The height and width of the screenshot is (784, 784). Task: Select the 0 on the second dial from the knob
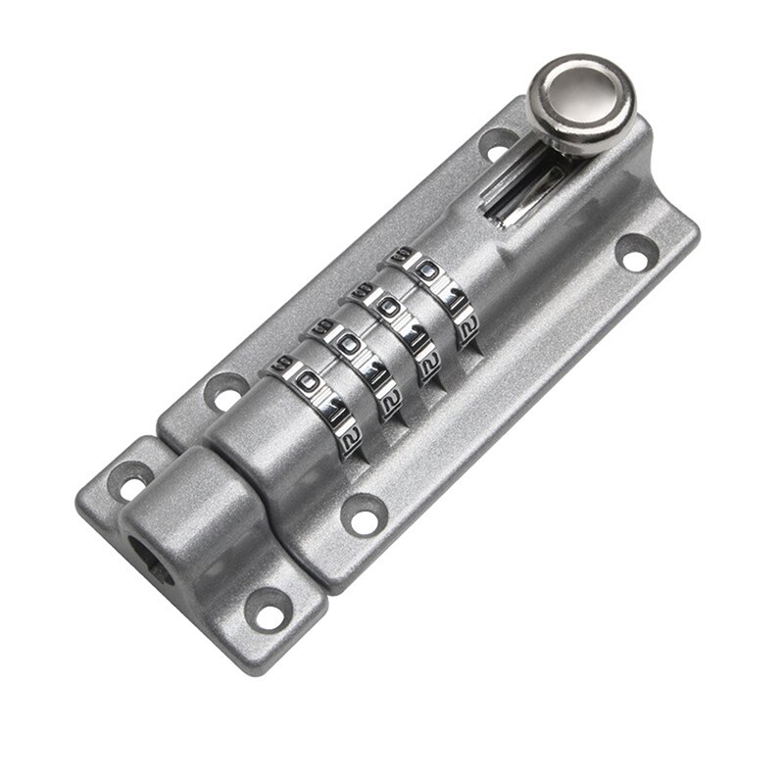click(387, 306)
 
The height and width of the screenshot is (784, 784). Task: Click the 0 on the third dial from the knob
click(345, 343)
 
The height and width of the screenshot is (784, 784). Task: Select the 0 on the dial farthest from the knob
click(304, 379)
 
